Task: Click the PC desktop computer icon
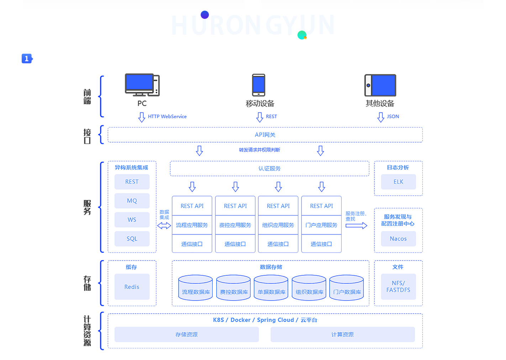point(142,85)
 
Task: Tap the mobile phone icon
point(259,85)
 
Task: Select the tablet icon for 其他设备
point(380,85)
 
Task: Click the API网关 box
point(265,135)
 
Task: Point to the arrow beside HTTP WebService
point(142,117)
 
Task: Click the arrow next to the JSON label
point(381,117)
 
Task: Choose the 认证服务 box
point(269,169)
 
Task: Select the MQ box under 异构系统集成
point(132,201)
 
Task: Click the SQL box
point(132,239)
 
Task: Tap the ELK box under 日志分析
point(398,182)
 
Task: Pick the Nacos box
point(398,239)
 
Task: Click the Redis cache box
point(132,287)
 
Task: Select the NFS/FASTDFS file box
point(398,287)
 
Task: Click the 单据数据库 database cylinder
point(271,288)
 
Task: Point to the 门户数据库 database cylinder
point(347,288)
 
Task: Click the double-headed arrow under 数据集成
point(164,226)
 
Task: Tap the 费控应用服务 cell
point(235,225)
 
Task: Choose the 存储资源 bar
point(186,334)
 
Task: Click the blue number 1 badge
point(27,59)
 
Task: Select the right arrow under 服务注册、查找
point(356,226)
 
